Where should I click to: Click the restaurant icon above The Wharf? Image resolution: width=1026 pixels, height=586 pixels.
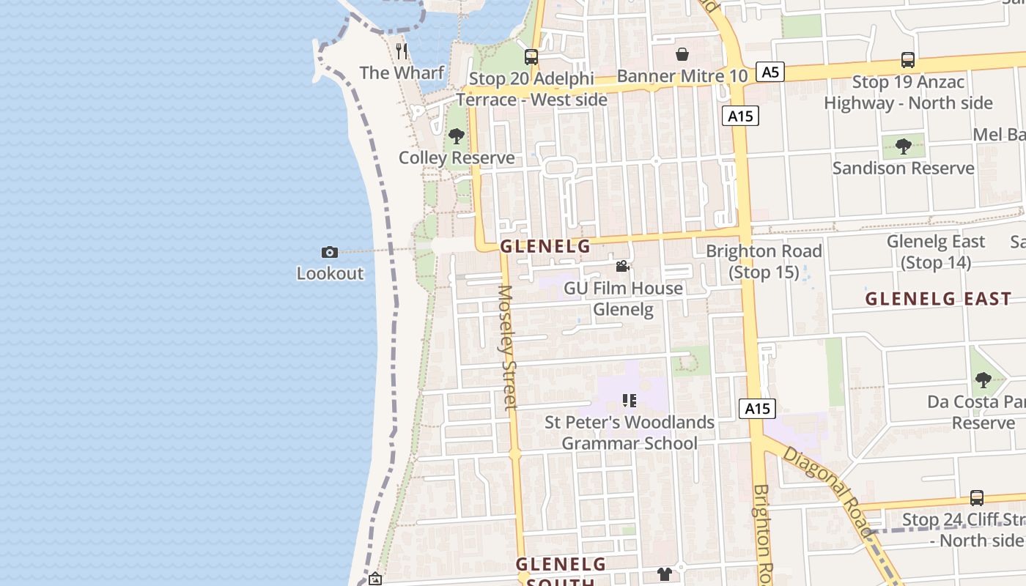click(401, 51)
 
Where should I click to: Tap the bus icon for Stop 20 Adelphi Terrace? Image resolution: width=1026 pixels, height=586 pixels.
click(531, 56)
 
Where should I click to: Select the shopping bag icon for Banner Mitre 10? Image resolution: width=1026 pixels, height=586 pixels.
click(682, 54)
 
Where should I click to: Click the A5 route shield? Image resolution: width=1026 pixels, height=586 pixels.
click(769, 72)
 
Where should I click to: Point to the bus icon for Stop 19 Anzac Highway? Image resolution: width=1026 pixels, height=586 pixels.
click(907, 60)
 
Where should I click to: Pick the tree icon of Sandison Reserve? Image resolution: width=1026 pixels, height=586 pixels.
click(903, 146)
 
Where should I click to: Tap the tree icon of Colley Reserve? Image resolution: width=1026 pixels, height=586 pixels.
click(456, 136)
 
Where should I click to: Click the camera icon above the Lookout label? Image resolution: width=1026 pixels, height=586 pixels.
click(330, 252)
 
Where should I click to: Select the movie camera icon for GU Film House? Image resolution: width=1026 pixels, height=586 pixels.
click(622, 267)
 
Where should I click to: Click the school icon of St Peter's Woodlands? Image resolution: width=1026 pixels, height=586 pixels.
click(629, 401)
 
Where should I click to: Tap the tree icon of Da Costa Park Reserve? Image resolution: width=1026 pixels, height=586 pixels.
click(983, 380)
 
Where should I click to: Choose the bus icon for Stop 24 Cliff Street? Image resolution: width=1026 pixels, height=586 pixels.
click(976, 498)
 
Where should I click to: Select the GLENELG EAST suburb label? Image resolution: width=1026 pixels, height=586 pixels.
click(938, 299)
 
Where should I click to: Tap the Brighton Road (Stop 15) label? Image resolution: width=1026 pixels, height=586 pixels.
click(764, 262)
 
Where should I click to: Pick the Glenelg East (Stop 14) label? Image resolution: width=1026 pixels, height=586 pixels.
click(936, 251)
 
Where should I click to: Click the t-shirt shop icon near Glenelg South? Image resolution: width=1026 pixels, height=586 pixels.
click(665, 574)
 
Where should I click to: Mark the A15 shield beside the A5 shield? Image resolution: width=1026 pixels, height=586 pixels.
click(740, 116)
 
